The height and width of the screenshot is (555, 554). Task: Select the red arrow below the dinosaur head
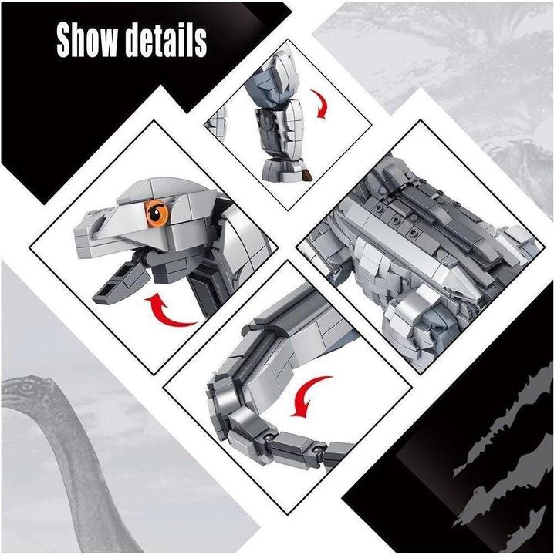pyautogui.click(x=171, y=313)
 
